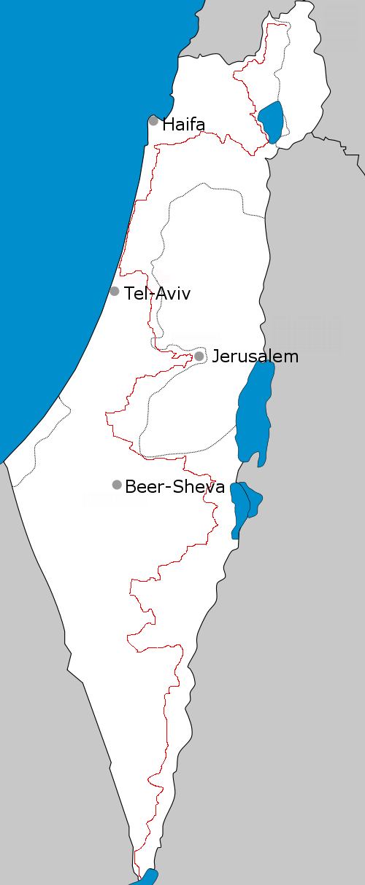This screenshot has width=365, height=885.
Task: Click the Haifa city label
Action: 183,124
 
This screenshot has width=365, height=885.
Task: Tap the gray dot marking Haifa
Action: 153,121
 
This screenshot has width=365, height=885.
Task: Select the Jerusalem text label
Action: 255,356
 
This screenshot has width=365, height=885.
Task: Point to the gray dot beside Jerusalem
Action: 199,356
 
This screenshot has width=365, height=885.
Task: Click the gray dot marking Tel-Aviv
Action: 115,292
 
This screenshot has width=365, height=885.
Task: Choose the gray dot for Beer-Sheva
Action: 117,485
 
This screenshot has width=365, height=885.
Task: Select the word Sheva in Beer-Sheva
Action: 199,487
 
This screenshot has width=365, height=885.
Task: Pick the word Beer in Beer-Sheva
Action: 141,487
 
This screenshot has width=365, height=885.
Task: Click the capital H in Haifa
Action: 168,124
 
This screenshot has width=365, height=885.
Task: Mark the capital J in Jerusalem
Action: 215,356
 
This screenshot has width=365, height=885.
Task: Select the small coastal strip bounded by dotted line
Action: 36,445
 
